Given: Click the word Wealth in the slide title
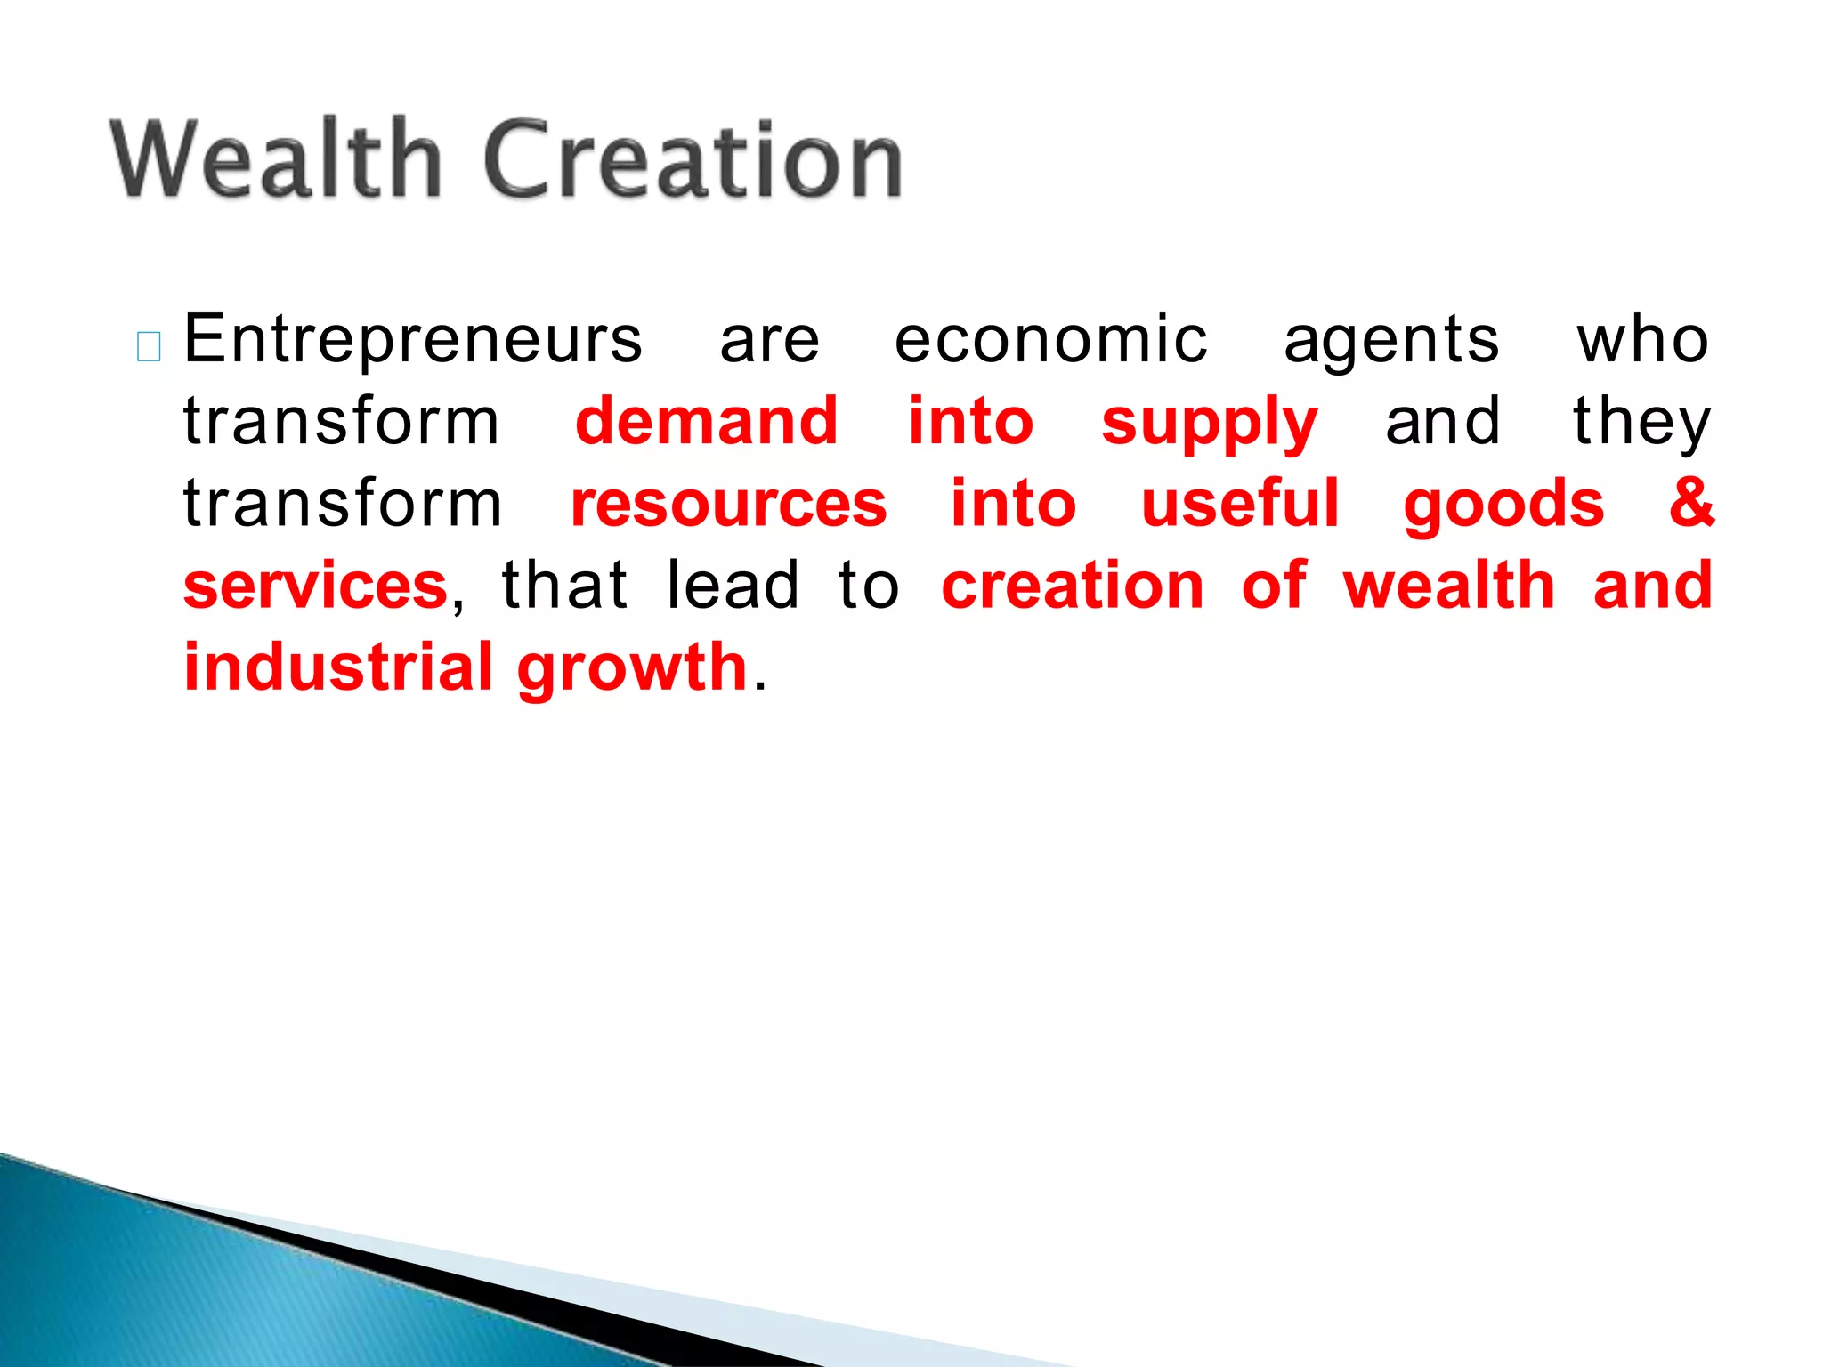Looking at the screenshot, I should click(276, 160).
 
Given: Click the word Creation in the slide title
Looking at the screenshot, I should click(693, 160).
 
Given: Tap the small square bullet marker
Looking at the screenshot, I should click(149, 347).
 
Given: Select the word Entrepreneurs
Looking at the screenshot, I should click(412, 340).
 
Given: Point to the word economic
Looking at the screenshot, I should click(1050, 340).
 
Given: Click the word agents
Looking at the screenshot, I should click(1391, 342).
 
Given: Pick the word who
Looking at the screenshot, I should click(1643, 340).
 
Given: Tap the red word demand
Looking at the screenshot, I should click(706, 421).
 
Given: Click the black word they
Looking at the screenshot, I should click(1641, 422).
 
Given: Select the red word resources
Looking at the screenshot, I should click(728, 504).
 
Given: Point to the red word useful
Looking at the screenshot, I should click(1240, 503).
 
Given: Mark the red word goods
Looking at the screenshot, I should click(1503, 505).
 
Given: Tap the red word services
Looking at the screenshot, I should click(315, 586).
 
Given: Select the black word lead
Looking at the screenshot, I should click(733, 585).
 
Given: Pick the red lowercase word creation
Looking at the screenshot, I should click(1073, 586).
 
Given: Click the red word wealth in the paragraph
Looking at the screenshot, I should click(1449, 585).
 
